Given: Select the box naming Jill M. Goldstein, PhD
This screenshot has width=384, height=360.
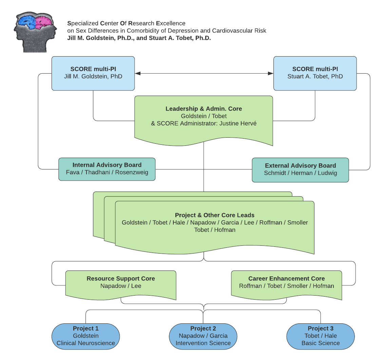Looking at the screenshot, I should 93,73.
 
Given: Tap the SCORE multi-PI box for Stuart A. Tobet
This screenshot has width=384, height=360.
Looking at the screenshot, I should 315,73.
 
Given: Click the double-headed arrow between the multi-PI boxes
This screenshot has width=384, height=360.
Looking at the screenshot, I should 204,73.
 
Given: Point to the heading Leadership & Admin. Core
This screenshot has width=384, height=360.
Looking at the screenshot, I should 204,109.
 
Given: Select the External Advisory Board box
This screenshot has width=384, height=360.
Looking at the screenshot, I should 300,169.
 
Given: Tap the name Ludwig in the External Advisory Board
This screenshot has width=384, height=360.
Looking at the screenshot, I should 327,173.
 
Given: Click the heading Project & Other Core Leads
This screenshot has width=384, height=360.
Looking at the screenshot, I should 214,215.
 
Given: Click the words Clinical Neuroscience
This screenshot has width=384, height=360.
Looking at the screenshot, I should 85,343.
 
